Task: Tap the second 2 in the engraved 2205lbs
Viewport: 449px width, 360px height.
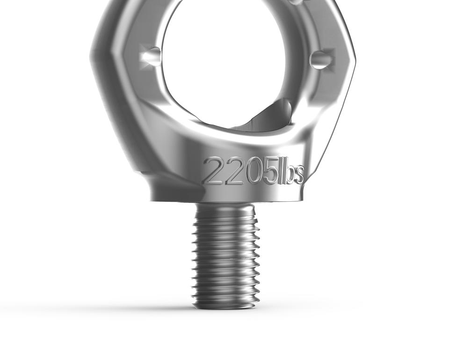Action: (232, 171)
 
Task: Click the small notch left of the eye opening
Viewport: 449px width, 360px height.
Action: (151, 56)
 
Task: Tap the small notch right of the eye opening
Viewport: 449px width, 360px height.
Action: (321, 59)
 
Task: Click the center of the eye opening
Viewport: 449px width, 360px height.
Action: (224, 61)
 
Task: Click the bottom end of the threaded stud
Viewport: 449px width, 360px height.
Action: (226, 306)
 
